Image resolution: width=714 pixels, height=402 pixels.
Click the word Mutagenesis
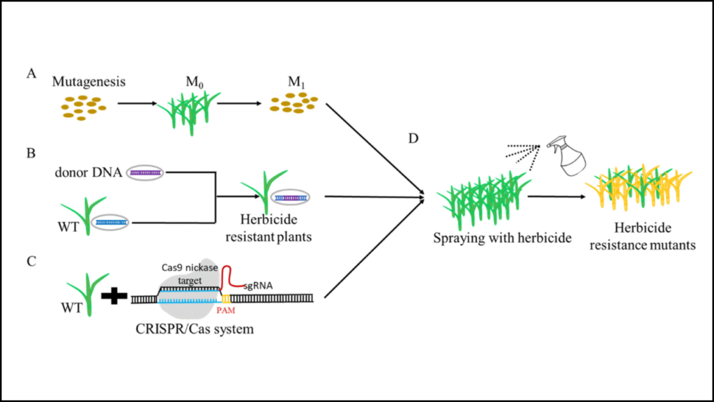point(89,82)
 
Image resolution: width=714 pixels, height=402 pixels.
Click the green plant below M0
point(185,111)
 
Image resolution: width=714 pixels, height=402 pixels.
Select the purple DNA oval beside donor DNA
point(144,172)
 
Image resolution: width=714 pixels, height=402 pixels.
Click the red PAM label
point(225,312)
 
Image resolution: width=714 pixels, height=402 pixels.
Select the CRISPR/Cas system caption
point(192,328)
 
